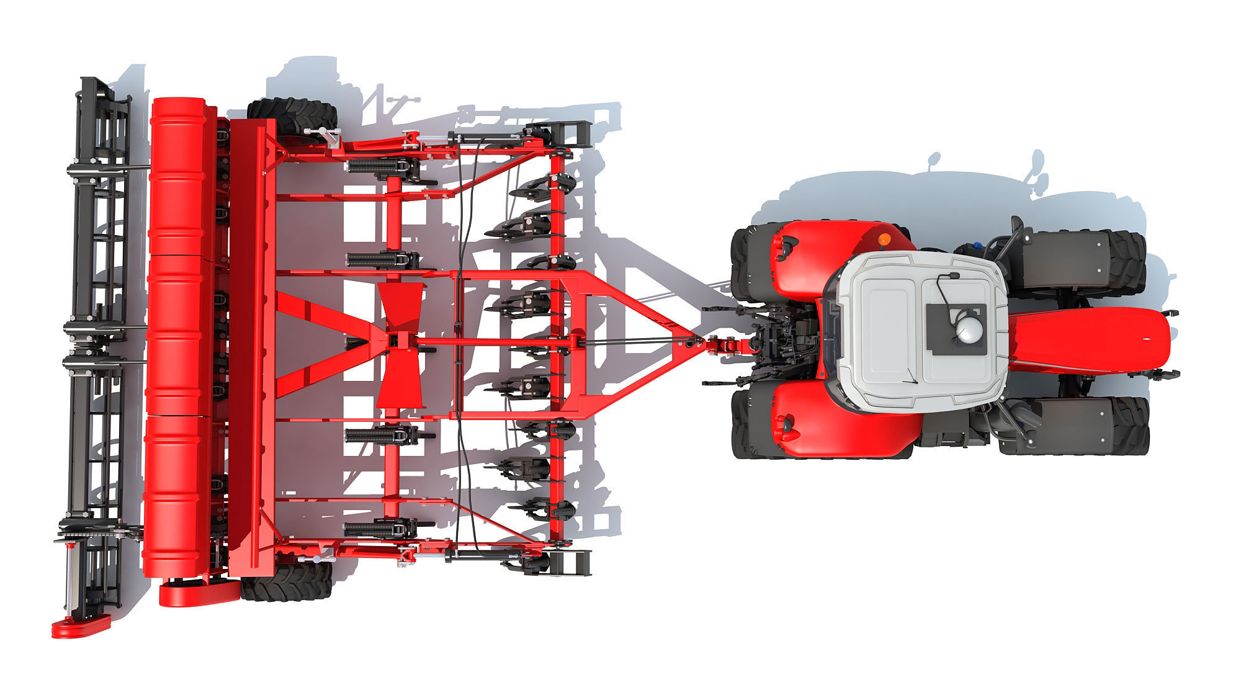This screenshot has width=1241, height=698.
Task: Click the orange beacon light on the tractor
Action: pyautogui.click(x=884, y=239)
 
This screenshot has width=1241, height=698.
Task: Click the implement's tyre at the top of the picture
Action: pyautogui.click(x=292, y=115)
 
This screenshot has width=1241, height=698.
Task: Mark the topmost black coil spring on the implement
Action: pyautogui.click(x=372, y=166)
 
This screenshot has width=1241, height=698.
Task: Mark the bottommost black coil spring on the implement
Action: pyautogui.click(x=372, y=529)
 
